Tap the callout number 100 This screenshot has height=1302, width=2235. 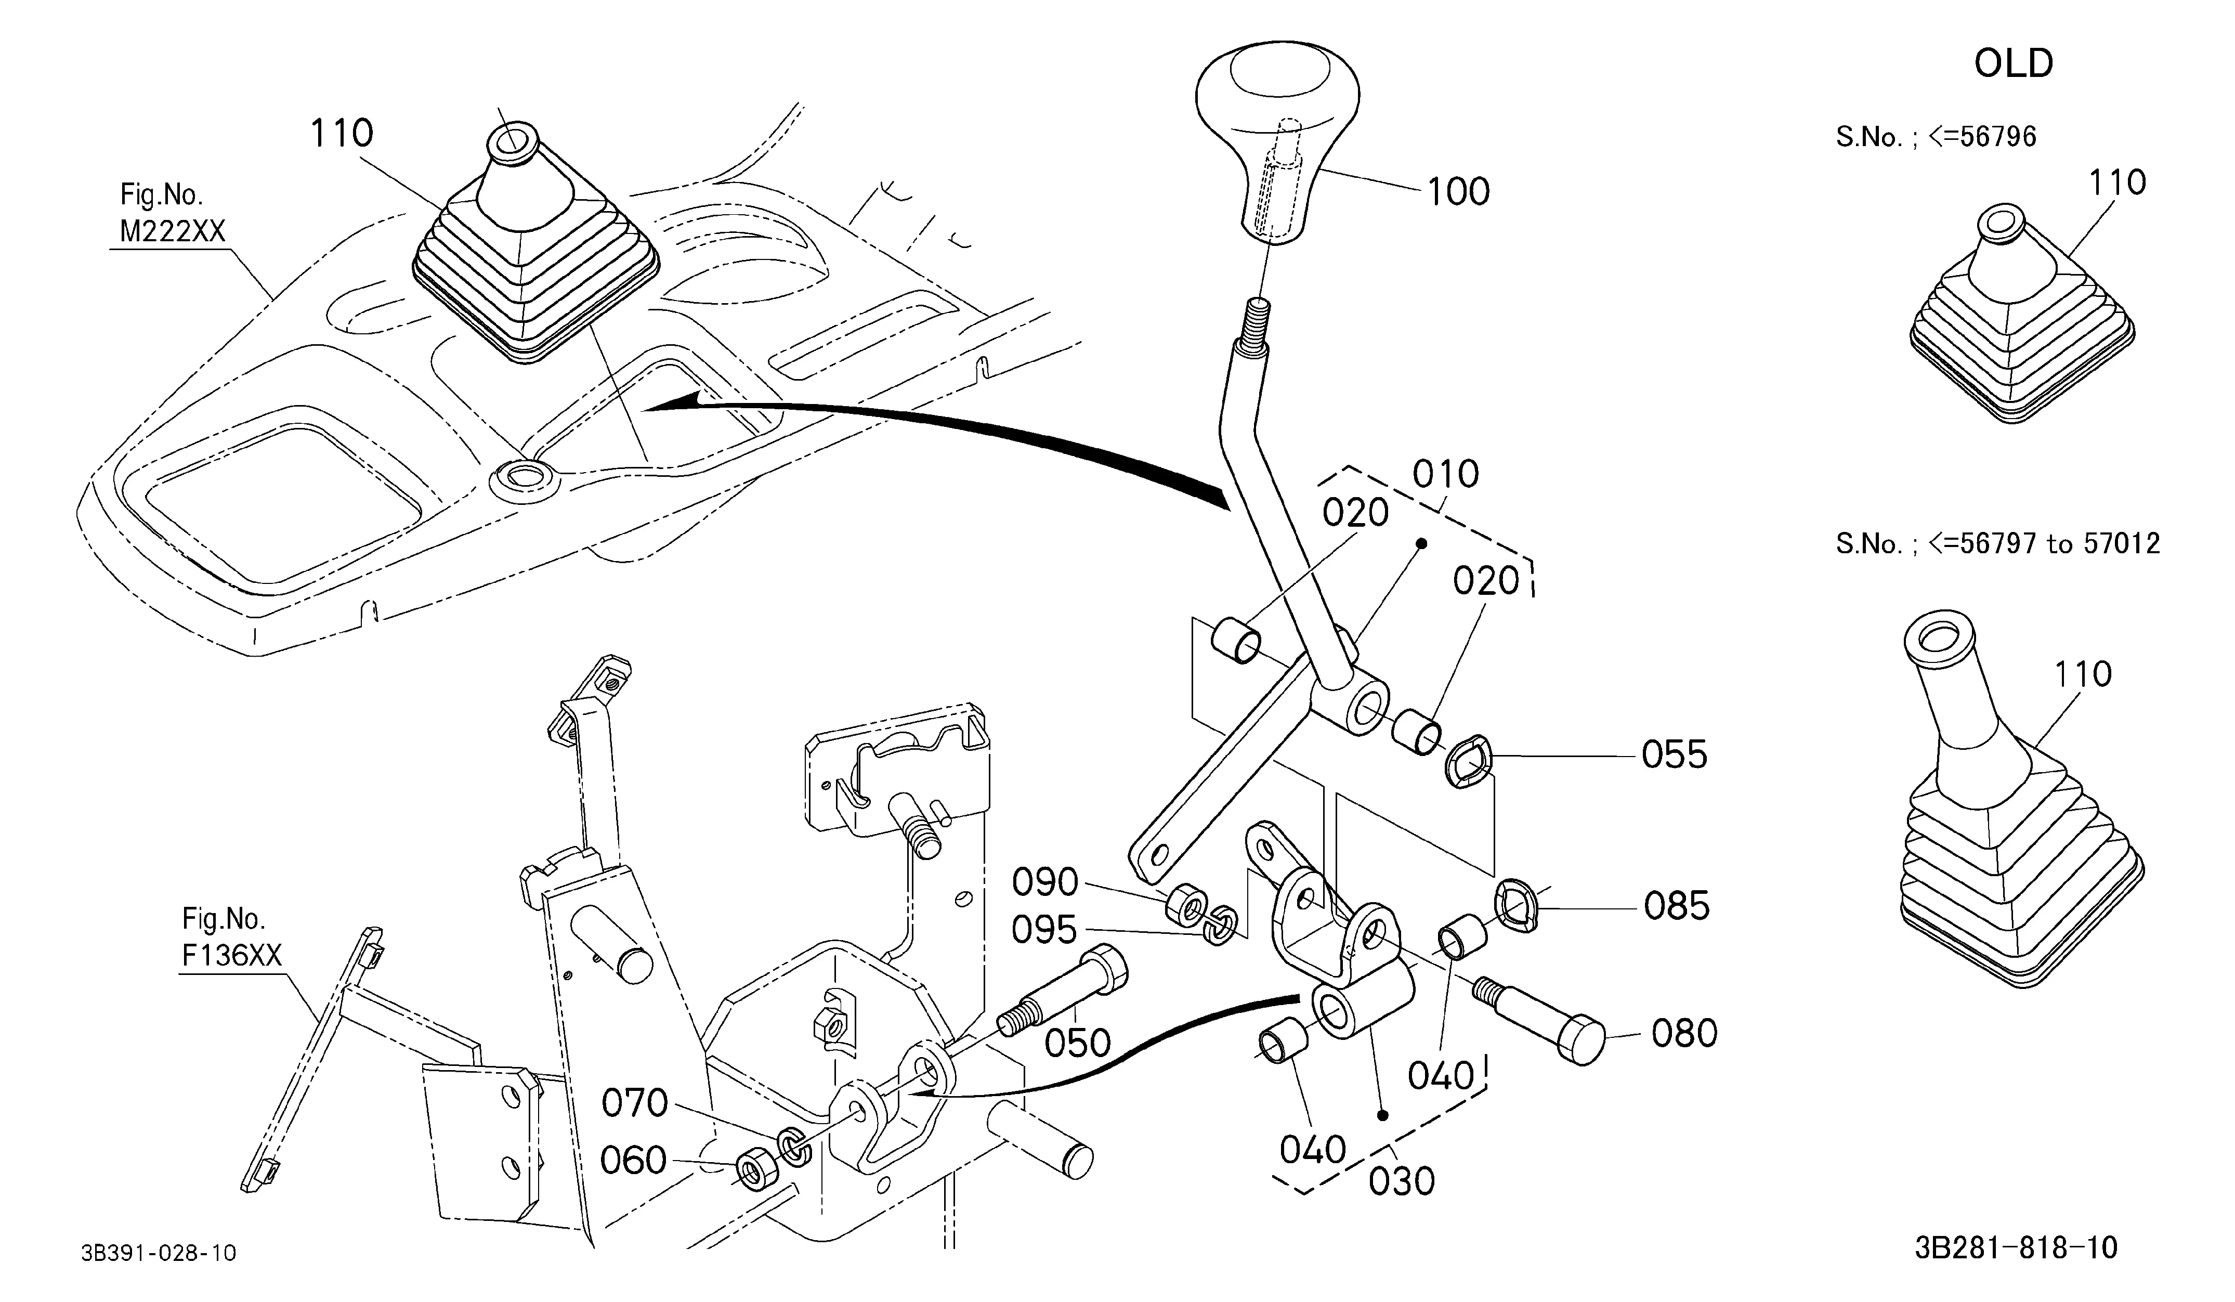1458,191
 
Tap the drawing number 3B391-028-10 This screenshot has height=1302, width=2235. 159,1253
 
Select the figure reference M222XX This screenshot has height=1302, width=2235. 173,231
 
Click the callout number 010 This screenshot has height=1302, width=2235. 1446,475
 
